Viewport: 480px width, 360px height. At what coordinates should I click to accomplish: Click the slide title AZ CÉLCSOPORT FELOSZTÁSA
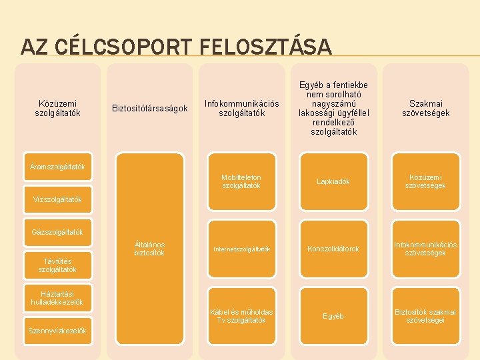(x=176, y=47)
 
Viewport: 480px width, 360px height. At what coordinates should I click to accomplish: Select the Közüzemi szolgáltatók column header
(x=57, y=108)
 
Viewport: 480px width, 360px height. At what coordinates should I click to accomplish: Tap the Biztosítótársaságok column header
(x=149, y=108)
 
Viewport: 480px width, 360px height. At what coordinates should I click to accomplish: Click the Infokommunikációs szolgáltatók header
(x=241, y=108)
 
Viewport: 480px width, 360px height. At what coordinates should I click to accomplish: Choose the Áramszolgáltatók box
(x=57, y=166)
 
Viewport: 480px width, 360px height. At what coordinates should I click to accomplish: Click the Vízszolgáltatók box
(x=57, y=199)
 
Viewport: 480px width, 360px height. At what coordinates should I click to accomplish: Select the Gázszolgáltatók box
(x=57, y=232)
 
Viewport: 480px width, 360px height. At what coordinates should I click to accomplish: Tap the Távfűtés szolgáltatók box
(x=57, y=265)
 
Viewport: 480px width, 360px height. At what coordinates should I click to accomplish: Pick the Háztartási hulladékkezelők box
(x=57, y=297)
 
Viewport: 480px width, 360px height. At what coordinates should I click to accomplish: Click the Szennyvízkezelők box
(x=57, y=331)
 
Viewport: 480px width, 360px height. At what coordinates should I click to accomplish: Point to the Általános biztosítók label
(x=149, y=249)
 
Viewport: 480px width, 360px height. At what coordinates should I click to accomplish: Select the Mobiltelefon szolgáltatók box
(x=241, y=181)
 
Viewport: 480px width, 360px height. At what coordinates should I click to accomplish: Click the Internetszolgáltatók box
(x=241, y=249)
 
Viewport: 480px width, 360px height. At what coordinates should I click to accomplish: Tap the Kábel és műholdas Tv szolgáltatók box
(x=241, y=315)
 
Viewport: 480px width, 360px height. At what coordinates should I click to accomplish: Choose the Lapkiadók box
(x=333, y=181)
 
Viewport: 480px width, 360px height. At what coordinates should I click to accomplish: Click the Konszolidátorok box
(x=333, y=249)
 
